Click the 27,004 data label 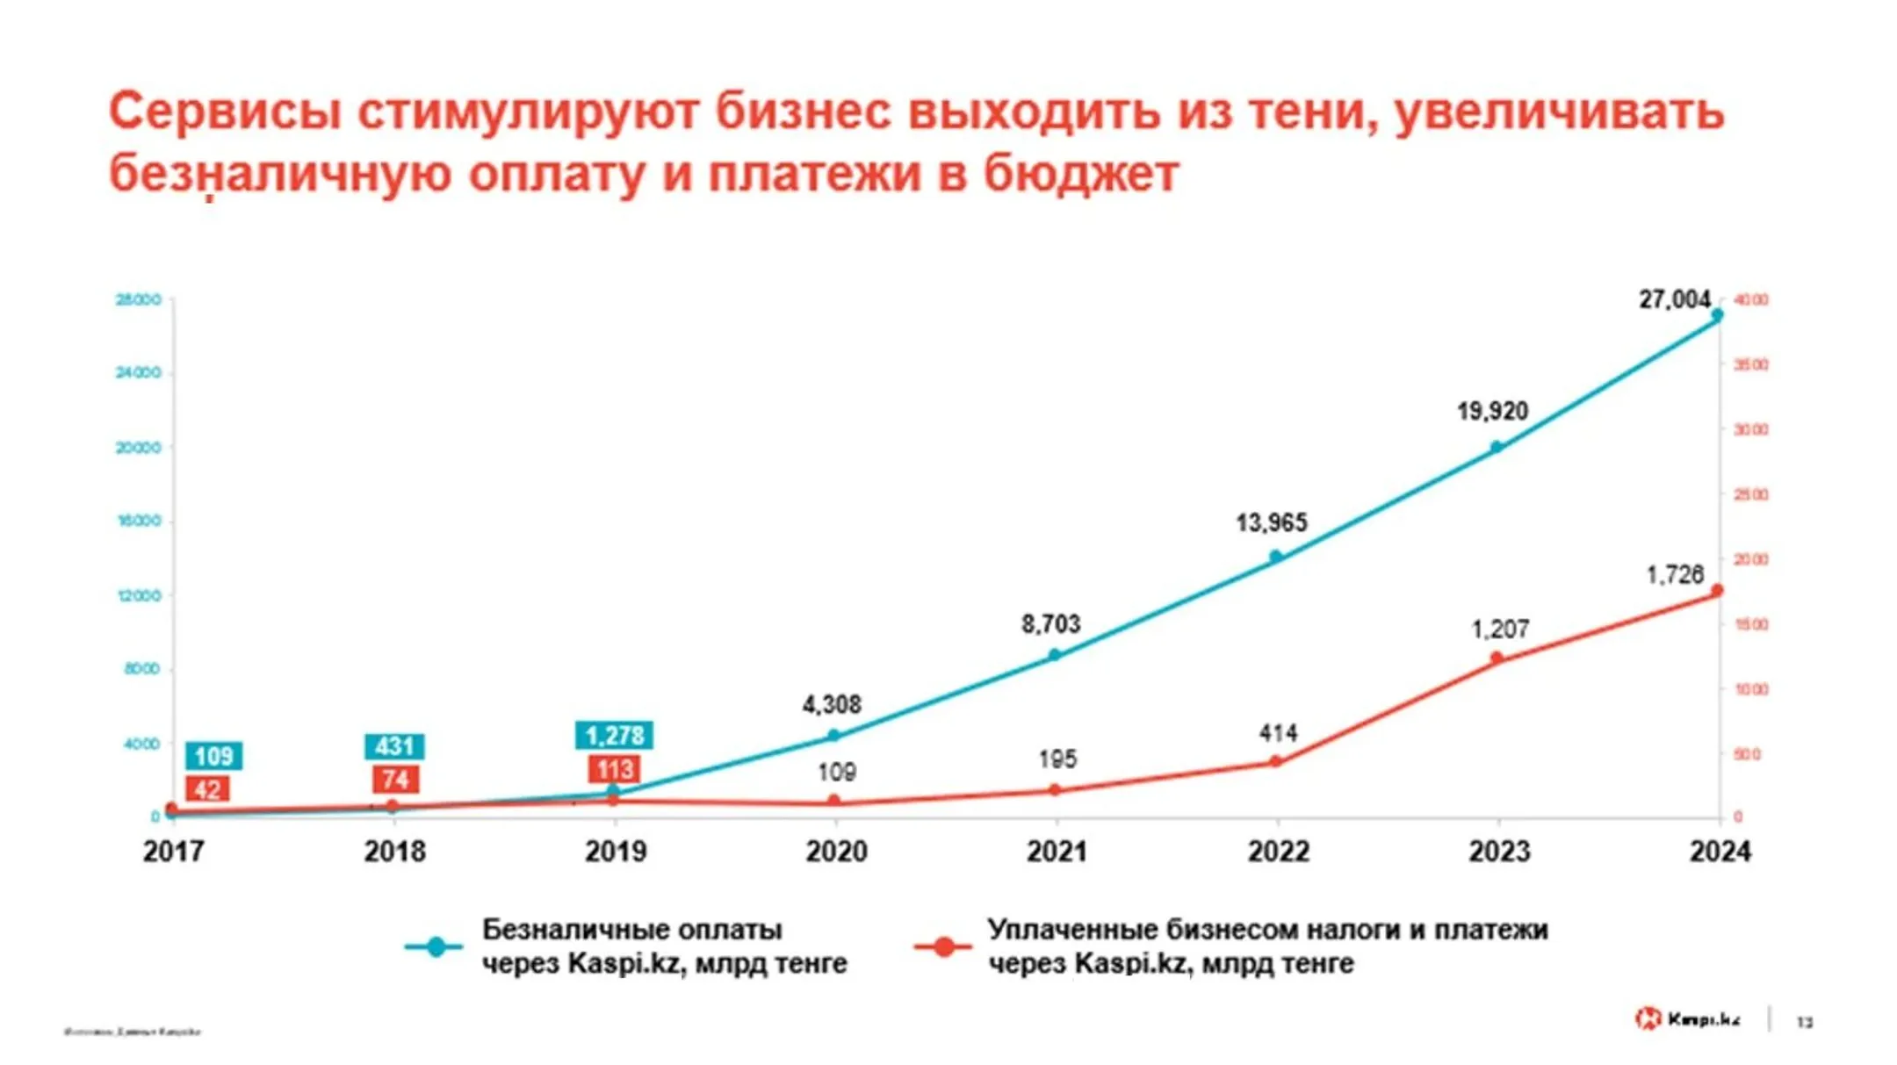coord(1674,300)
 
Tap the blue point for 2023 coord(1497,447)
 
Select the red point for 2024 coord(1718,591)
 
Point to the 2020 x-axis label coord(836,851)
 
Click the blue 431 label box coord(394,746)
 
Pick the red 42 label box coord(207,789)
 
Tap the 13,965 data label coord(1272,523)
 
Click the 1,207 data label coord(1500,630)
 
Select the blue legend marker coord(436,946)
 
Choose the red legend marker coord(944,946)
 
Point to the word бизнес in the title coord(803,112)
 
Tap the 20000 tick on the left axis coord(139,447)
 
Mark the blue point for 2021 coord(1056,655)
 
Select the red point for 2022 coord(1276,761)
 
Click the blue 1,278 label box coord(614,735)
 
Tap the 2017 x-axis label coord(173,851)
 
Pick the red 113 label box coord(614,770)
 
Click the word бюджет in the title coord(1080,174)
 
